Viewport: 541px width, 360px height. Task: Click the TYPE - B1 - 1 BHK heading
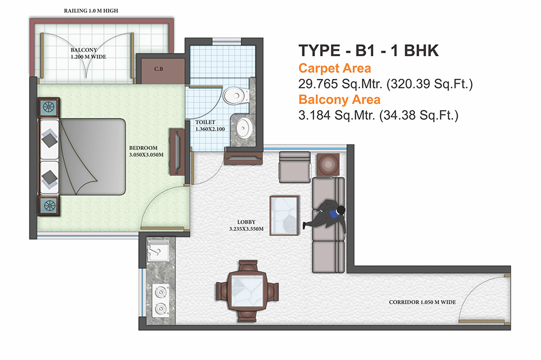tap(368, 51)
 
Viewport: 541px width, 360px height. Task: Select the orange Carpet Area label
tap(334, 68)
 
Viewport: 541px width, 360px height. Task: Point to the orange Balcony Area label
tap(339, 99)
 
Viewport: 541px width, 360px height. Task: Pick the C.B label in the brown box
tap(159, 69)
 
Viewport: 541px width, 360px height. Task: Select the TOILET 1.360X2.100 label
tap(208, 126)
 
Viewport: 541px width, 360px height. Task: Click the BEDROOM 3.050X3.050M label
tap(143, 151)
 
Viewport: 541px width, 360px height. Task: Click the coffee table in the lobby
tap(284, 216)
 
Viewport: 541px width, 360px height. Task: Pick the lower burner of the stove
tap(160, 309)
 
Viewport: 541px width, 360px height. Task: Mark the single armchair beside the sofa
tap(294, 167)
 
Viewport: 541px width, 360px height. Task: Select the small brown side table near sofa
tap(327, 164)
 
